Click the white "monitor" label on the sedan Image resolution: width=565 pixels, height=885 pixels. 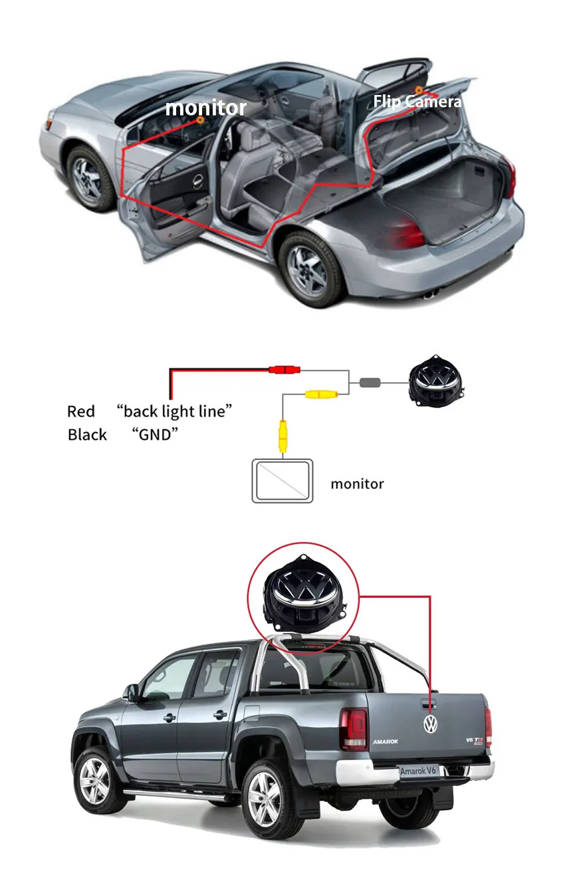point(205,108)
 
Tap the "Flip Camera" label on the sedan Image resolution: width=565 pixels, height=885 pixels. point(416,102)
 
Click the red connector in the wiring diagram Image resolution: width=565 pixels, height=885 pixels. point(284,369)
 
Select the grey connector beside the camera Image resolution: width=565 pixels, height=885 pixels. point(370,383)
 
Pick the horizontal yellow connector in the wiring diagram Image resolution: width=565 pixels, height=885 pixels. point(321,395)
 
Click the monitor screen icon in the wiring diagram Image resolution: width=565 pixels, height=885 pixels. point(282,480)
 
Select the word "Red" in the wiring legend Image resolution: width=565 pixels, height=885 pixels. point(81,411)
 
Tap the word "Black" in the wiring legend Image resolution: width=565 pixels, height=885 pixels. point(87,435)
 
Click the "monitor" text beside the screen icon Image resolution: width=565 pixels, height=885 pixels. point(357,484)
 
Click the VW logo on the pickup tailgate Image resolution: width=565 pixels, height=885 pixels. point(431,724)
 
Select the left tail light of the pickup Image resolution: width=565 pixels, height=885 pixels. point(354,729)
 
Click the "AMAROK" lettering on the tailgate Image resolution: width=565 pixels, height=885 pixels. point(386,741)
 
